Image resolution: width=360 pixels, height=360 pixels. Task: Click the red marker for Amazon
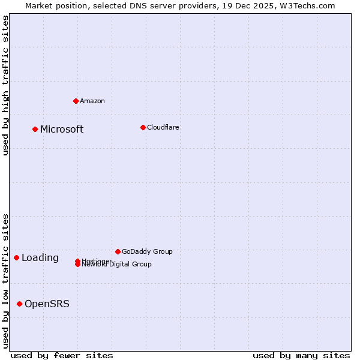pyautogui.click(x=76, y=101)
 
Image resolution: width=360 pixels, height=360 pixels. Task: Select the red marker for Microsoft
pyautogui.click(x=35, y=129)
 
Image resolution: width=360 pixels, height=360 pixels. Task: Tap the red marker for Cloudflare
pyautogui.click(x=143, y=127)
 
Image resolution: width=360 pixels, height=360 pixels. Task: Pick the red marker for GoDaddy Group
pyautogui.click(x=118, y=251)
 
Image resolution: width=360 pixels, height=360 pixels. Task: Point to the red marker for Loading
pyautogui.click(x=16, y=257)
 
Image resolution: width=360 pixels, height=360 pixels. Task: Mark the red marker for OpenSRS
pyautogui.click(x=19, y=304)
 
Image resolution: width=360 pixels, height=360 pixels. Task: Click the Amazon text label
pyautogui.click(x=92, y=101)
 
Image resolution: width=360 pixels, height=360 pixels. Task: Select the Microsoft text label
pyautogui.click(x=62, y=129)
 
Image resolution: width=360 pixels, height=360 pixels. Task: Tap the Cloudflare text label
pyautogui.click(x=163, y=127)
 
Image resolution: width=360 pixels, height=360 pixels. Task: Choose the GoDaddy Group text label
pyautogui.click(x=147, y=251)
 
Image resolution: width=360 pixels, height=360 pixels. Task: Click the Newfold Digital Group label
pyautogui.click(x=117, y=265)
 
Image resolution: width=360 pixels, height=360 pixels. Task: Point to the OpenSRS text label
pyautogui.click(x=47, y=304)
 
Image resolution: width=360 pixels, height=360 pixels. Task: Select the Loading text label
pyautogui.click(x=40, y=258)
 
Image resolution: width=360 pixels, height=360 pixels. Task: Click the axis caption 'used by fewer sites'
pyautogui.click(x=62, y=355)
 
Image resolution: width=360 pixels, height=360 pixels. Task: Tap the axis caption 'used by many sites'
pyautogui.click(x=301, y=355)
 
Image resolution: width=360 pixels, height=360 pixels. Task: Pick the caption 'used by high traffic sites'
pyautogui.click(x=5, y=85)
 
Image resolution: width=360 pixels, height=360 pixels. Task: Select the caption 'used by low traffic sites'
pyautogui.click(x=5, y=281)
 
